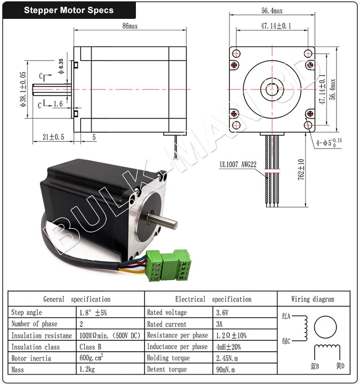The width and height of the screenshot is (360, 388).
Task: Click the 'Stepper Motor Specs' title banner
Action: [68, 10]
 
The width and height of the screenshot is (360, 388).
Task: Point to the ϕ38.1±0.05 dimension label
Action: [23, 89]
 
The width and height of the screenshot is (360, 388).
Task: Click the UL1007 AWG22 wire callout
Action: [238, 165]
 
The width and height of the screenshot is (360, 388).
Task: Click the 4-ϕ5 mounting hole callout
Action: [328, 143]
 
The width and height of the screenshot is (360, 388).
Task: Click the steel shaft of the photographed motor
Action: [165, 221]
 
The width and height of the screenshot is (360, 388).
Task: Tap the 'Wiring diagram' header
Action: [312, 299]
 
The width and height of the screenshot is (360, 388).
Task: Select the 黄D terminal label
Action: [340, 366]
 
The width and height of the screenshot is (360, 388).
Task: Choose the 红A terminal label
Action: [286, 317]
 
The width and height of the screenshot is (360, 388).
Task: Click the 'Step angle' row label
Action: [27, 312]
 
